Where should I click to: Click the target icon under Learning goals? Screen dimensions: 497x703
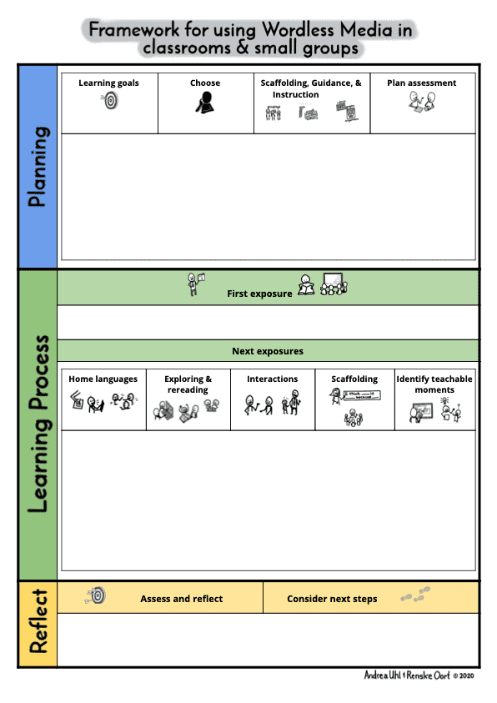[x=110, y=100]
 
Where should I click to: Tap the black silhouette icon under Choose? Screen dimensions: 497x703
[x=205, y=103]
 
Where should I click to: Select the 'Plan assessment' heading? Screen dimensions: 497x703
[x=422, y=83]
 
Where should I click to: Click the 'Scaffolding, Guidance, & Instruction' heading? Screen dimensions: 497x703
[x=311, y=88]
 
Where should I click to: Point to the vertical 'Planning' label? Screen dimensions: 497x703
[x=38, y=167]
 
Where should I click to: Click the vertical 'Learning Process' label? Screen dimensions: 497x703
[x=38, y=424]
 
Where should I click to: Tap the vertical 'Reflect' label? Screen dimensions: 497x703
[x=38, y=621]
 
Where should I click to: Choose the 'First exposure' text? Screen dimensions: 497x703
[x=259, y=294]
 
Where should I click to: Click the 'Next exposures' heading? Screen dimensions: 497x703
[x=268, y=351]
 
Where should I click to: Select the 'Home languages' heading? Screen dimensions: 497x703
[x=103, y=379]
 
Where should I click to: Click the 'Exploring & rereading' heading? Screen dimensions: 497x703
[x=188, y=384]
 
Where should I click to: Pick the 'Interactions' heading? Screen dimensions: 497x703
[x=273, y=379]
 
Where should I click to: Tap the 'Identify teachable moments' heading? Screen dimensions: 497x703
[x=434, y=384]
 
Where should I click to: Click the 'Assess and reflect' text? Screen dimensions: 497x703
[x=182, y=599]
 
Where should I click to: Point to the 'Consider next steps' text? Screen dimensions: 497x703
[x=332, y=599]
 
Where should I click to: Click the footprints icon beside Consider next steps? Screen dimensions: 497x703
[x=415, y=595]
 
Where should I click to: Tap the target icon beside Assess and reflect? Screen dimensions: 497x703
[x=95, y=595]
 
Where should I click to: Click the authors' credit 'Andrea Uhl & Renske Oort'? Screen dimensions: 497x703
[x=407, y=675]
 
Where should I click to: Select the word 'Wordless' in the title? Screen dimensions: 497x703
[x=298, y=29]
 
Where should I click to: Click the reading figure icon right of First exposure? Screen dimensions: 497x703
[x=306, y=285]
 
